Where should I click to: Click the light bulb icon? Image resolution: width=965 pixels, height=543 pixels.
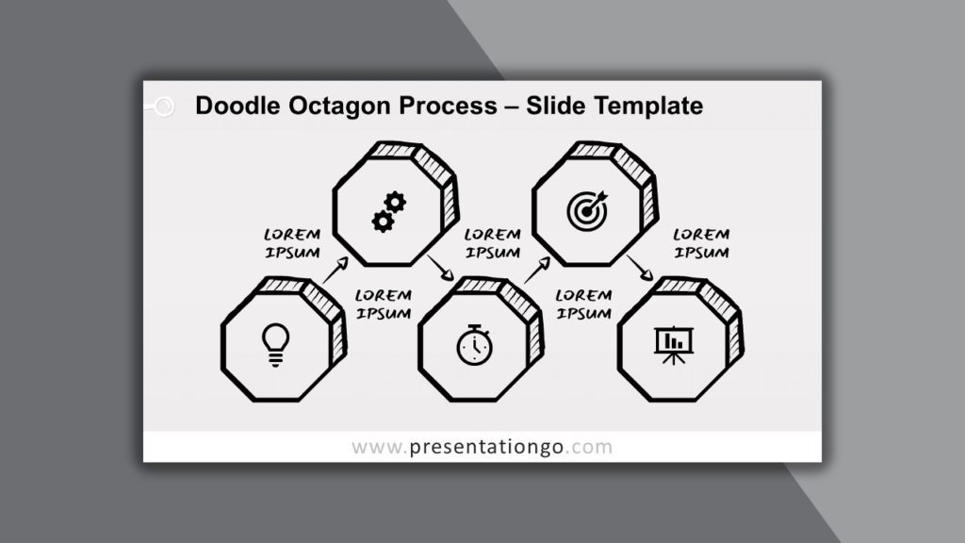(x=275, y=345)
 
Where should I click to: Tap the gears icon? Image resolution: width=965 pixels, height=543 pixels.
(x=389, y=212)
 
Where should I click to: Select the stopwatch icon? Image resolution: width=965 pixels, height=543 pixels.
(x=475, y=345)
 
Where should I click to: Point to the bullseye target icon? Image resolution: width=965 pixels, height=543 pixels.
(x=587, y=210)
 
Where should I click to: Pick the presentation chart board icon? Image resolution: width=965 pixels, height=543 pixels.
(x=674, y=345)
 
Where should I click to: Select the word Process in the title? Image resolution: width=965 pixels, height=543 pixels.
(x=448, y=106)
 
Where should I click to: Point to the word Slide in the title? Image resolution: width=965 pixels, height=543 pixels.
(x=557, y=106)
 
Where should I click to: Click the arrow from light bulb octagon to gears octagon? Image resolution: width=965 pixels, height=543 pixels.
(x=335, y=271)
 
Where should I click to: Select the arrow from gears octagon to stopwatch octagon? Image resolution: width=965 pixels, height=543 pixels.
(x=441, y=267)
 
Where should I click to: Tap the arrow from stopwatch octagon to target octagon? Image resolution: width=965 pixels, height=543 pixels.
(x=537, y=271)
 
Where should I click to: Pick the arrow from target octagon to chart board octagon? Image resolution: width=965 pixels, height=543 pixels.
(x=640, y=268)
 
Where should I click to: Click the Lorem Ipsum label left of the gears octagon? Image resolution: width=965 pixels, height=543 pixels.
(x=292, y=243)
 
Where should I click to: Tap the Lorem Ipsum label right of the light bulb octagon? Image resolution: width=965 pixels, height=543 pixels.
(x=384, y=304)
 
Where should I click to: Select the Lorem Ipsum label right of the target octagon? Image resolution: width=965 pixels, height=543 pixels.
(x=701, y=243)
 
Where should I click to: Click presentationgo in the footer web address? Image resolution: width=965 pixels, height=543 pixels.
(x=486, y=447)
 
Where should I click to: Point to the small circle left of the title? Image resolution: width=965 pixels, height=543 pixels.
(x=164, y=107)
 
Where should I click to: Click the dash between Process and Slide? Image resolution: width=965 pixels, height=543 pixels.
(x=512, y=107)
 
